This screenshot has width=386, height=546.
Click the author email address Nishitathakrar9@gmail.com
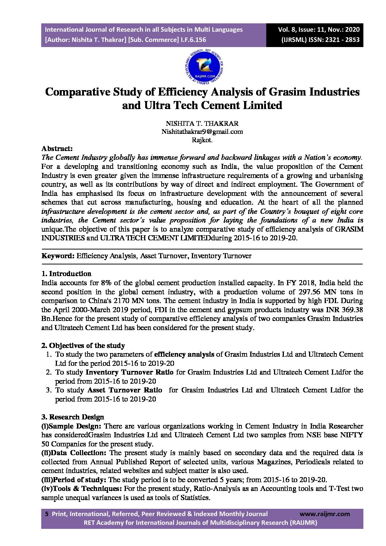(202, 132)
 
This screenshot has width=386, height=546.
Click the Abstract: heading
(57, 149)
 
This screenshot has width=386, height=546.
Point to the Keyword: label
(58, 256)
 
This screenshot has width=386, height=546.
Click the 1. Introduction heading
(66, 274)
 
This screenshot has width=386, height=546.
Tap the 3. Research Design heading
(73, 417)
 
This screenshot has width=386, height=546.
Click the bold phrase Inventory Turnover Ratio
(129, 372)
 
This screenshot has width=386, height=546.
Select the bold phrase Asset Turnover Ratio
(125, 390)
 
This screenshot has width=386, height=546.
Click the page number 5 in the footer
(46, 514)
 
